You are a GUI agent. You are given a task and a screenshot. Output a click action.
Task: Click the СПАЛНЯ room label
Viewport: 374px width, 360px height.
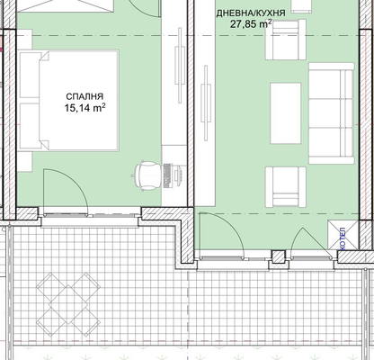coord(85,96)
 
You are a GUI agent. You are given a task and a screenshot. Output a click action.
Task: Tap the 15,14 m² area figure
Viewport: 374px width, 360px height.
coord(85,108)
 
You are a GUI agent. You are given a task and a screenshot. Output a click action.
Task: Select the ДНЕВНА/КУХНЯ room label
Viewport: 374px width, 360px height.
coord(251,13)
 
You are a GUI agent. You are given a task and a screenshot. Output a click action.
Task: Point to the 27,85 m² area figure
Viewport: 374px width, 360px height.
coord(251,23)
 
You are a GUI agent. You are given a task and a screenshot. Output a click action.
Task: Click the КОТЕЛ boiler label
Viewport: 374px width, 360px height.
coord(343,238)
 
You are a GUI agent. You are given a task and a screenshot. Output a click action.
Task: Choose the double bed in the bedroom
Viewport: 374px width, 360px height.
coord(69,100)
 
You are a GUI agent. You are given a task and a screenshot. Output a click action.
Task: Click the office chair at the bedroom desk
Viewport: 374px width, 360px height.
coord(146,175)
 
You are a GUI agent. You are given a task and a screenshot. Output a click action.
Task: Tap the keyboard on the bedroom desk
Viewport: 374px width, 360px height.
coord(167,175)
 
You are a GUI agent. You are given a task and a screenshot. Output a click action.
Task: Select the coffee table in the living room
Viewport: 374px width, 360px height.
coord(285,113)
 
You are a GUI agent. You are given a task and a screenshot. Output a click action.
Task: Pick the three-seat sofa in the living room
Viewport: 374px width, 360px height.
coord(331,113)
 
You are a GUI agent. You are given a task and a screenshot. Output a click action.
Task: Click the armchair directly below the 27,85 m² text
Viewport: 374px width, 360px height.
coord(285,40)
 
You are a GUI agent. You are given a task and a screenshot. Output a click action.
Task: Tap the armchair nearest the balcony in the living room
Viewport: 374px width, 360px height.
coord(285,187)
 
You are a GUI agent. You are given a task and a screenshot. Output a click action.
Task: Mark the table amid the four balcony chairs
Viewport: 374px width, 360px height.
coord(67,304)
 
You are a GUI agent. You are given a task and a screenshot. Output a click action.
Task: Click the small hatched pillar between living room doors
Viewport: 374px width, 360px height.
coord(279,256)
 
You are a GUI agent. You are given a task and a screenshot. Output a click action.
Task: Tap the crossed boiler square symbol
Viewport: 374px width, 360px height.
coord(343,235)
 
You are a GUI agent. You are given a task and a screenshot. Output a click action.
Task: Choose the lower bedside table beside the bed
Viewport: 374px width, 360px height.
coord(24,162)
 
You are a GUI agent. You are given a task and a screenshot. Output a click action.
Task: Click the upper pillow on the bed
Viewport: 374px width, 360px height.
coord(30,75)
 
